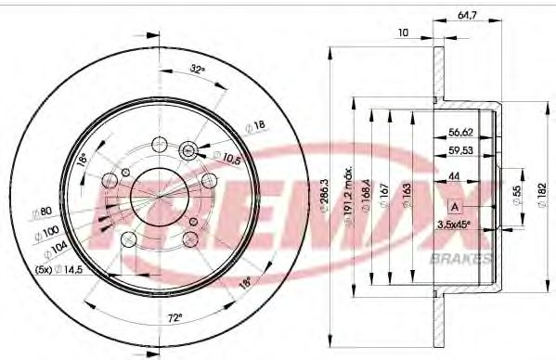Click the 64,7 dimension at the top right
466,15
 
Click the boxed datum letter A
455,205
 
